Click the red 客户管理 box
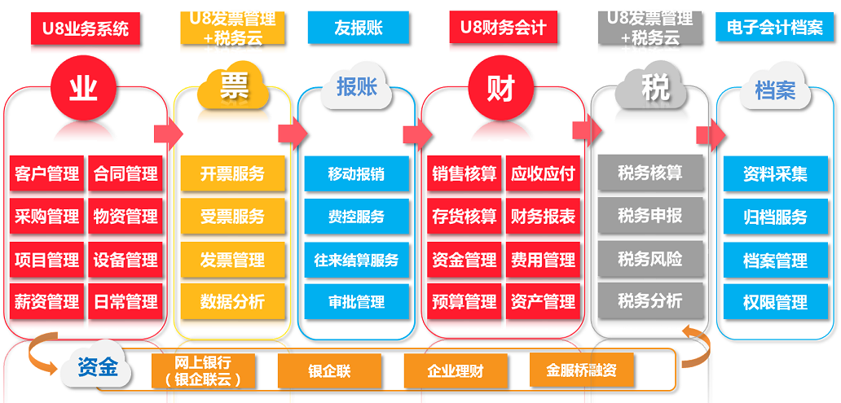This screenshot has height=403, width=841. (47, 173)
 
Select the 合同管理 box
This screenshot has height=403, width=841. (125, 173)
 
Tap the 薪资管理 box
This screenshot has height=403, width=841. (47, 302)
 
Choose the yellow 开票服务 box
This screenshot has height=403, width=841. (232, 173)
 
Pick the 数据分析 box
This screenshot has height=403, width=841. (232, 302)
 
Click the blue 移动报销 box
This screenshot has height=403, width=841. (357, 173)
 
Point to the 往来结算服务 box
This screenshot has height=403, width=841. (357, 260)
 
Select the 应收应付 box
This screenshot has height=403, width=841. (543, 173)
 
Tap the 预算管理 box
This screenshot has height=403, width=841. (465, 302)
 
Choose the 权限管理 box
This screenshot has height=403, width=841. (776, 302)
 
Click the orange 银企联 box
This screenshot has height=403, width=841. (329, 370)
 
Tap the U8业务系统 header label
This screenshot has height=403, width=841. (86, 28)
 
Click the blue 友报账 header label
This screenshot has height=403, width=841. (359, 28)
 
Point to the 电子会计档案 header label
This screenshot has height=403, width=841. (775, 28)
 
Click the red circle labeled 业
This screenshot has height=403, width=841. (83, 88)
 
